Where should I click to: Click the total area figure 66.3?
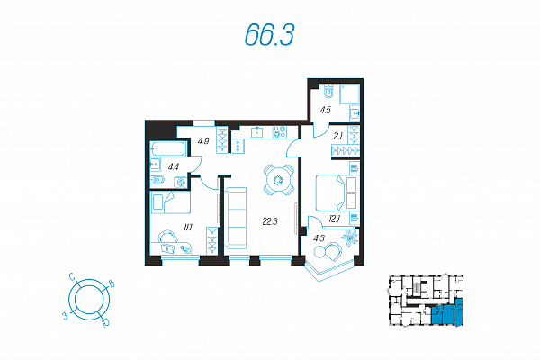coord(270,35)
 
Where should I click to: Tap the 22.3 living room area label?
coord(270,222)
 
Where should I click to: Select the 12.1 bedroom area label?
coord(335,219)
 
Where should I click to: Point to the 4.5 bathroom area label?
coord(325,110)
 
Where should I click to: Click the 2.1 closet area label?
coord(338,137)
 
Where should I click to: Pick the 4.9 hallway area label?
coord(203,141)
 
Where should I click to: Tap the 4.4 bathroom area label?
coord(173,167)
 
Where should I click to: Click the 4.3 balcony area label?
coord(319,238)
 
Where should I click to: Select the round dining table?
coord(279,180)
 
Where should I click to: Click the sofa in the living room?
coord(236,218)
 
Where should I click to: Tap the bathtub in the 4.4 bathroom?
coord(168,149)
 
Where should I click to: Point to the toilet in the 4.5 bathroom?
coord(329,92)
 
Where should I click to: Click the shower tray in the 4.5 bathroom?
coord(349,94)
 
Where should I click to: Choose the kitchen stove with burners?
coord(280,132)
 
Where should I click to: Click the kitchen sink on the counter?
coord(256,132)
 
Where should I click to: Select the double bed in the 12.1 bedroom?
coord(330,193)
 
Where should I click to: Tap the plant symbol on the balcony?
coord(349,238)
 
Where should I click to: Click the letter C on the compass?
coord(72,276)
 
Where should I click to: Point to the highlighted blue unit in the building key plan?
coord(446,313)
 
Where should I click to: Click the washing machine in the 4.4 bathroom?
coord(181,182)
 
